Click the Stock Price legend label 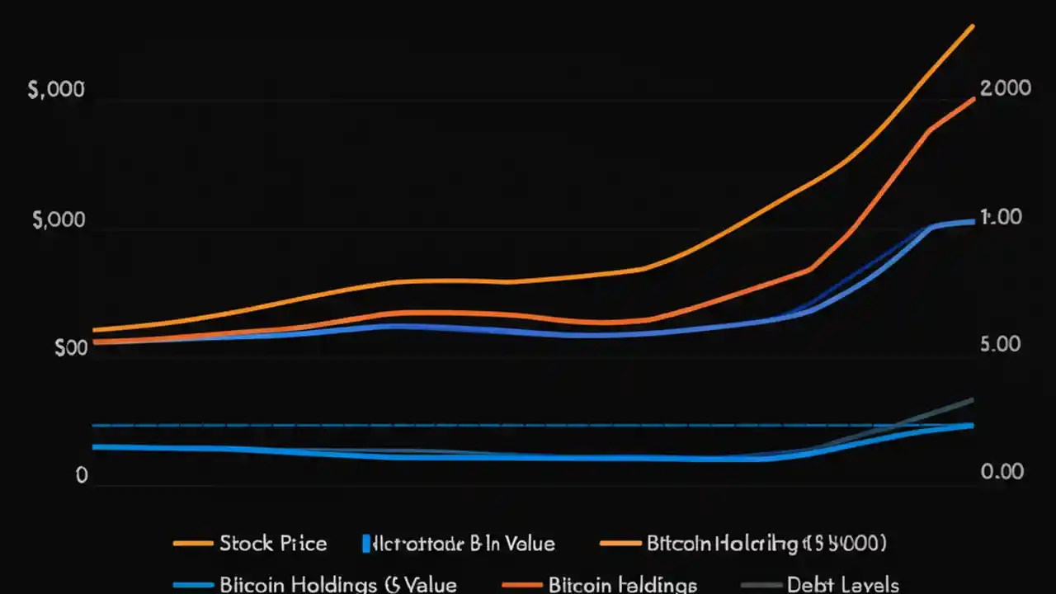(x=273, y=544)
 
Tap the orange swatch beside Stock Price (x=192, y=544)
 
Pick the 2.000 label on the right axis (x=1005, y=88)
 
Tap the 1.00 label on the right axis (x=1001, y=217)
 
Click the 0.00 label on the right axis (x=1001, y=471)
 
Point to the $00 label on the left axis (x=70, y=348)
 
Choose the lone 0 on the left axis (x=81, y=476)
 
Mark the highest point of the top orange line (x=973, y=26)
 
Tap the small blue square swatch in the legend (x=365, y=544)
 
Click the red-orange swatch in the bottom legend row (x=522, y=585)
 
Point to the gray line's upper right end (x=973, y=400)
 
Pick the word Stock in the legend (x=245, y=544)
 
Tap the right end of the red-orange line (x=973, y=98)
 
